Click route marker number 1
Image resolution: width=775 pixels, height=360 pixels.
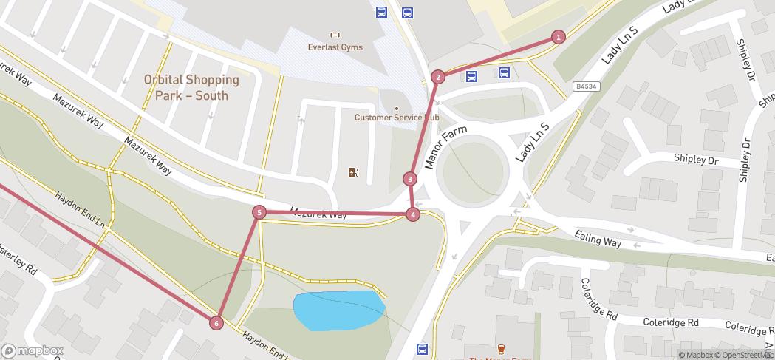point(559,37)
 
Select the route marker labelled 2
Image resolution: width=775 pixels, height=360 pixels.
point(438,77)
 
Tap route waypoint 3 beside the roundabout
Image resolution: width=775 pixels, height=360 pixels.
point(410,178)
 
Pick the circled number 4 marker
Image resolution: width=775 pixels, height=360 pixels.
point(413,214)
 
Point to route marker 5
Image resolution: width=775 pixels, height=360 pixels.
point(259,212)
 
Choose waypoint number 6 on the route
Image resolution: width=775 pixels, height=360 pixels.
point(216,322)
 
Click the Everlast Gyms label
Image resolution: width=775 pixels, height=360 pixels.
point(335,47)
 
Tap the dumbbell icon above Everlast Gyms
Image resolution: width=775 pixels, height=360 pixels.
point(335,34)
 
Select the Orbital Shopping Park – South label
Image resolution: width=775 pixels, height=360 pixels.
point(191,87)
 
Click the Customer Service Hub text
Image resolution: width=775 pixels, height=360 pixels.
point(396,118)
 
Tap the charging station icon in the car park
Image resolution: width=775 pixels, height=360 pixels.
point(354,173)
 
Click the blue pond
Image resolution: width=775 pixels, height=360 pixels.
point(339,310)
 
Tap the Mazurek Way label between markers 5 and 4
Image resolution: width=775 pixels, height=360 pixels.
point(318,214)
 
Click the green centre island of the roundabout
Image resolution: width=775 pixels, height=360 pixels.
point(473,177)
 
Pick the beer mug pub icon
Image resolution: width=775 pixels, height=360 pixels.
point(501,349)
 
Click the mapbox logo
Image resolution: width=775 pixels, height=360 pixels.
point(33,350)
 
